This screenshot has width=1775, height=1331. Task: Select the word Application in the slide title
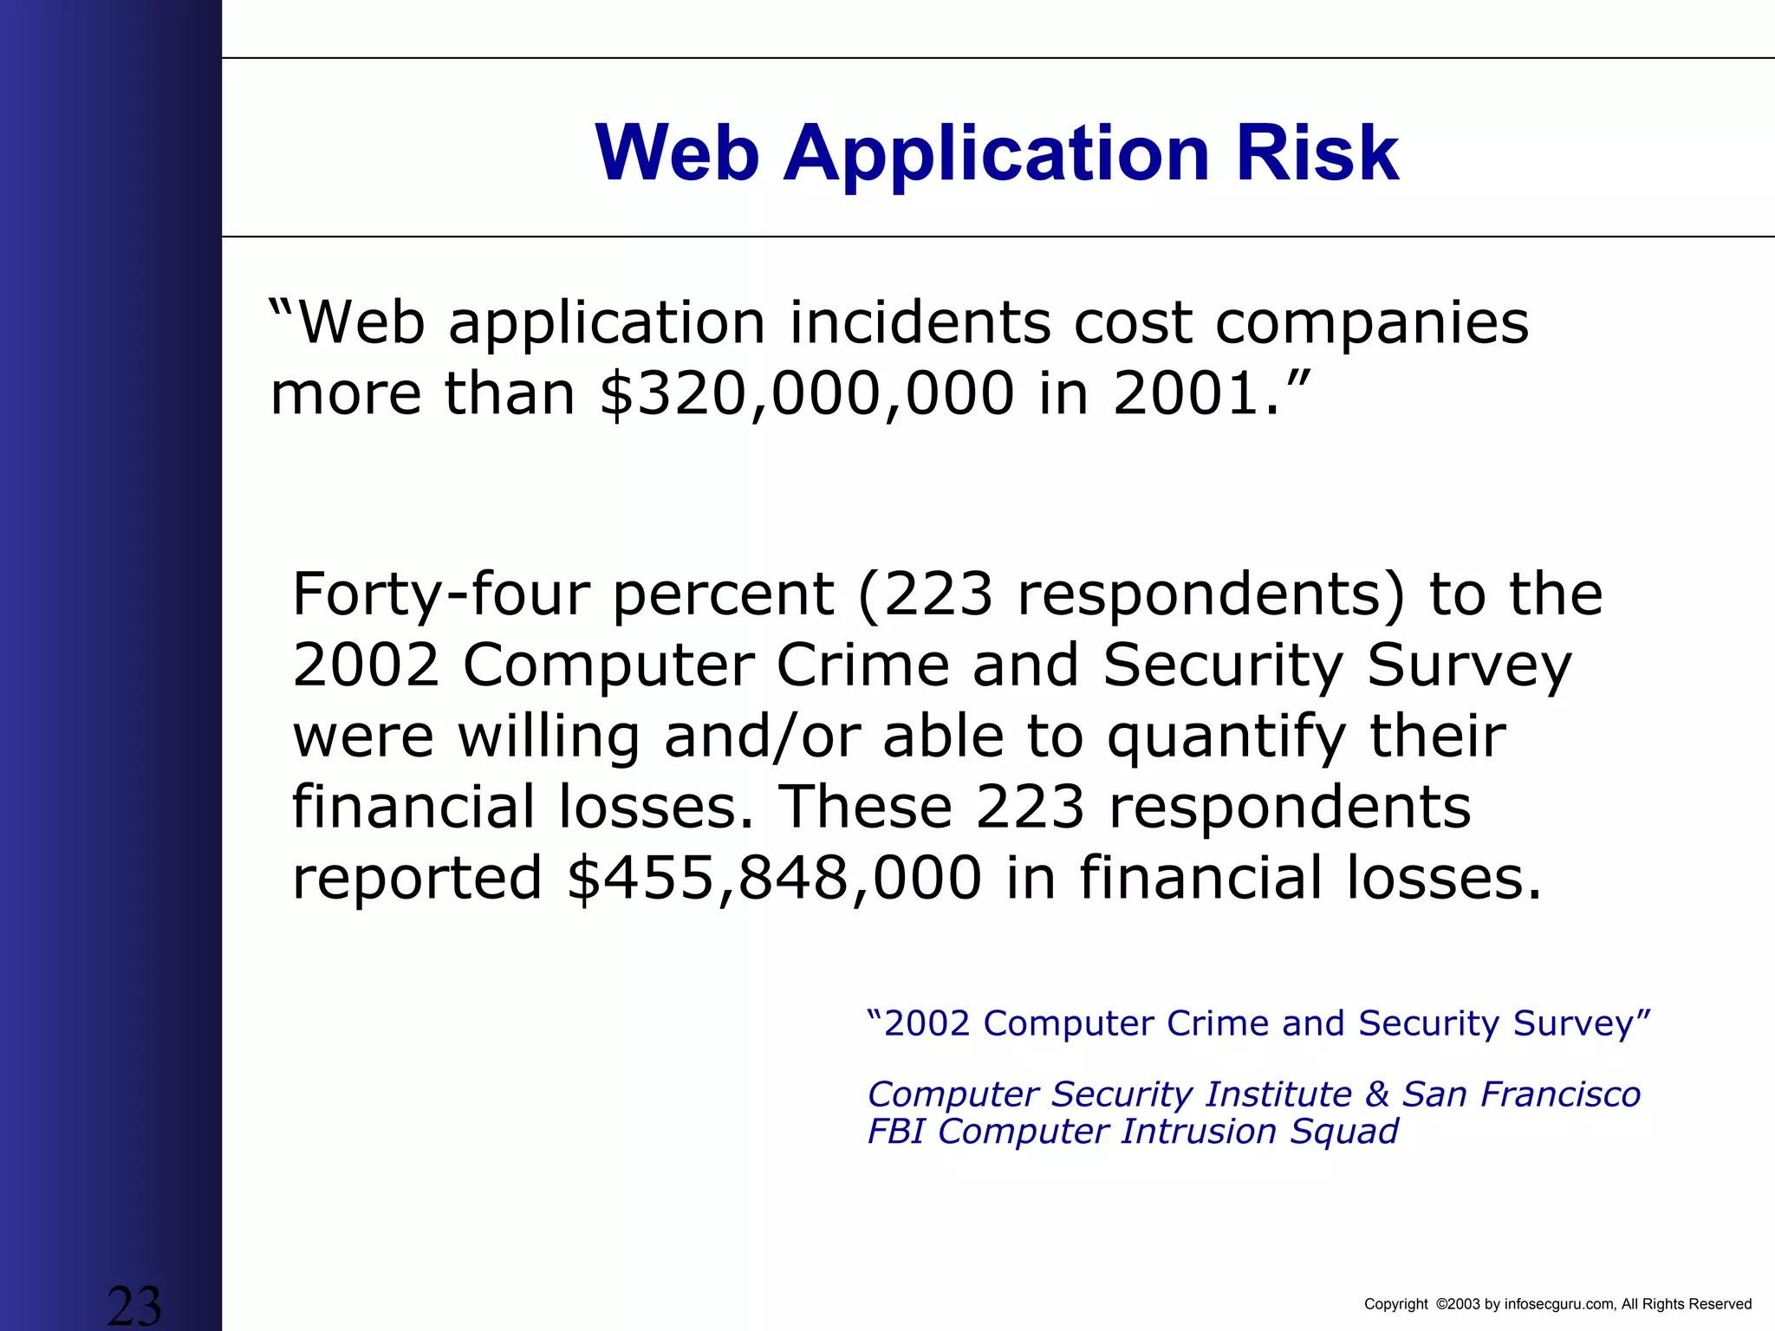997,154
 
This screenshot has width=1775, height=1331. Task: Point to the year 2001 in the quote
1185,394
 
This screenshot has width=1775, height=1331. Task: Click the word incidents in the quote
919,323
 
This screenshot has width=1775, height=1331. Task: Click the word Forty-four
441,594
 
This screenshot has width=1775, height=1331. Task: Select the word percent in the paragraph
724,596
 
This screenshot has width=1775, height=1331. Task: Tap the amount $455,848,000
774,878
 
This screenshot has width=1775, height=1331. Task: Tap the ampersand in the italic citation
1377,1094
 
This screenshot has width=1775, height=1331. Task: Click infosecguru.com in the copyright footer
1561,1304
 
